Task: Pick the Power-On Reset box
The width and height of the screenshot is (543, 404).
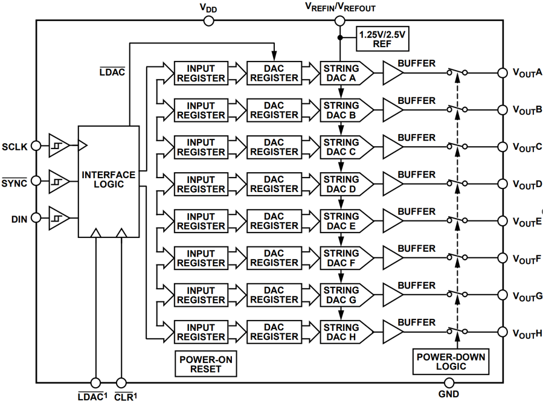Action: pos(206,364)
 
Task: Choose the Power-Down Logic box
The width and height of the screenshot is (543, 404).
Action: pos(450,361)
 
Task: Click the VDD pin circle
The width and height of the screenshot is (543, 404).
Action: pos(209,21)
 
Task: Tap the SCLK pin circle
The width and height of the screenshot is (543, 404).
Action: pos(36,146)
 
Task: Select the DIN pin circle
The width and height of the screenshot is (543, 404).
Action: pos(36,217)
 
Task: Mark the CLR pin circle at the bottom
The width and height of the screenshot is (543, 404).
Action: pos(121,382)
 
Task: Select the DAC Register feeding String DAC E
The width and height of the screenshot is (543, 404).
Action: pos(274,221)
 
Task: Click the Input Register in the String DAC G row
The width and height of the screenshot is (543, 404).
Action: pos(201,295)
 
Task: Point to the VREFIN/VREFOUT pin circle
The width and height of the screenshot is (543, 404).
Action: pos(339,21)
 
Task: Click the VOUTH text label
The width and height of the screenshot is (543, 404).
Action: pos(527,333)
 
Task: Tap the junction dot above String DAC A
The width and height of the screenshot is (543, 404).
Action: pos(339,37)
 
